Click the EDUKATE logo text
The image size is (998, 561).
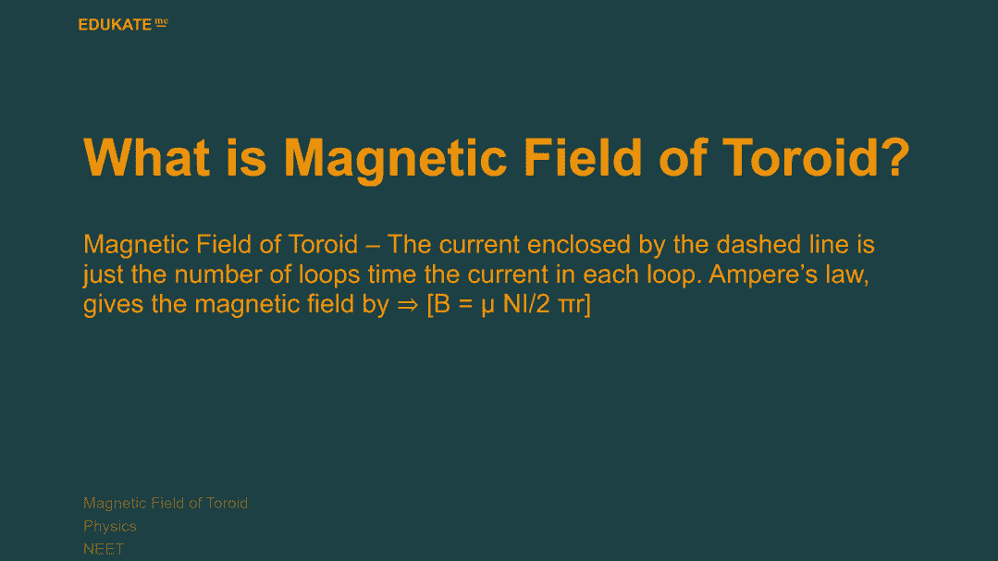tap(116, 25)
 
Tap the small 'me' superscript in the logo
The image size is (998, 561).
tap(162, 22)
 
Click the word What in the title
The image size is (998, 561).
tap(146, 157)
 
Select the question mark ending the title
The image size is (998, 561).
tap(895, 157)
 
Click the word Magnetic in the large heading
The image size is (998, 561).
tap(395, 159)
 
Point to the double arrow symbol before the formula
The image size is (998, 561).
tap(407, 305)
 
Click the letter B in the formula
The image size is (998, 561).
tap(442, 304)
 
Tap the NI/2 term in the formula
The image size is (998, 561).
tap(526, 304)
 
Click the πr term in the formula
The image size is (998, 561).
tap(571, 306)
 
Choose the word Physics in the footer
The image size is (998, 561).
tap(110, 526)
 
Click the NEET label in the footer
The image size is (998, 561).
tap(104, 549)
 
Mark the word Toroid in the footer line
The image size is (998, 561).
tap(227, 503)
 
